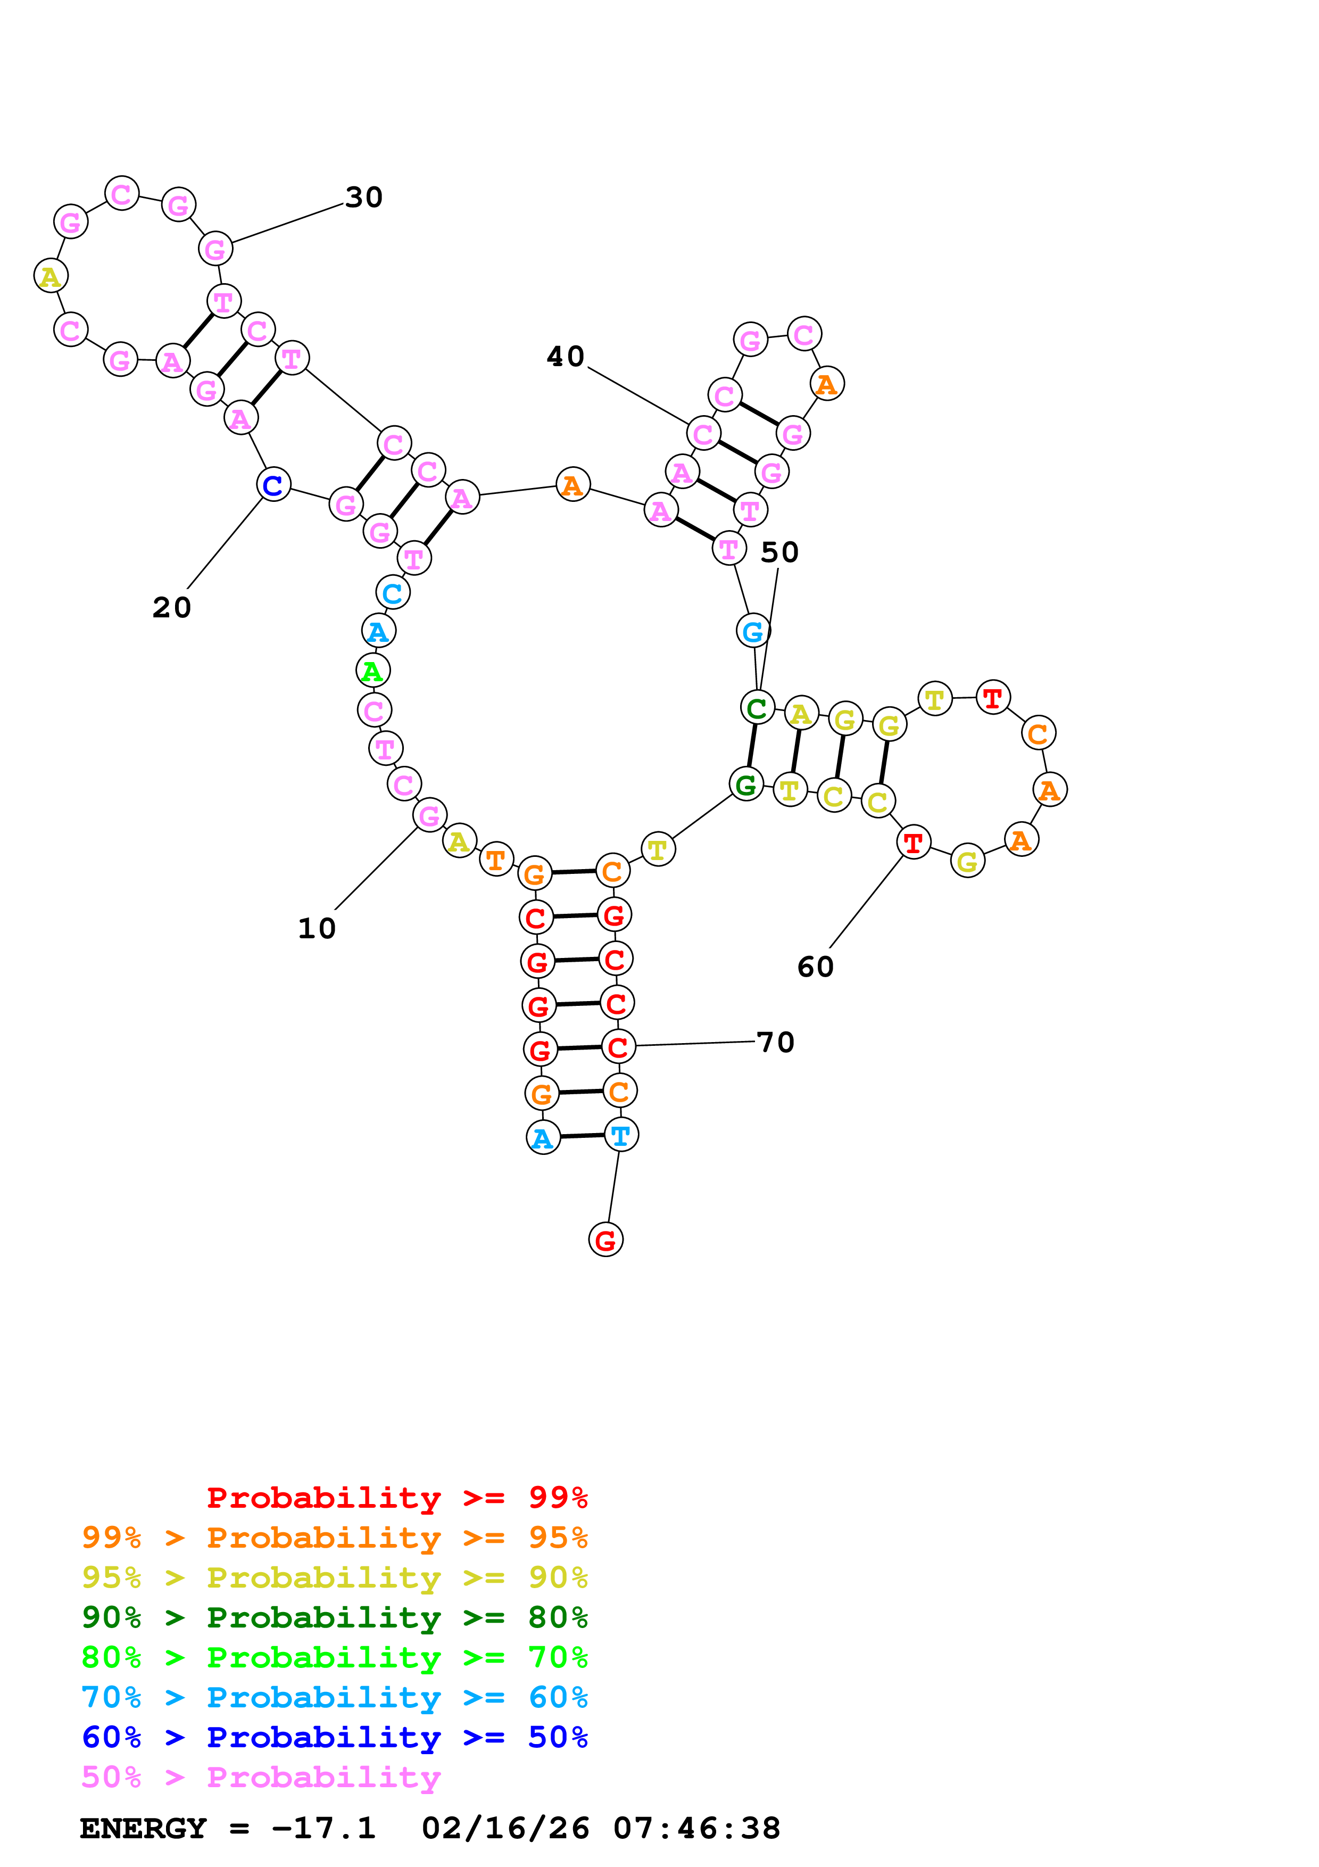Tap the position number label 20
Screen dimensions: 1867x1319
[171, 607]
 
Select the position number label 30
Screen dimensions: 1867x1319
[363, 197]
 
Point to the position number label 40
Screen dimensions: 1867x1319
[565, 356]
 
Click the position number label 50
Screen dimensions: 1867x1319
[779, 552]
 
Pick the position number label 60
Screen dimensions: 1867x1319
[815, 967]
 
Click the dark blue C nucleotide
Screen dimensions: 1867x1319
[273, 485]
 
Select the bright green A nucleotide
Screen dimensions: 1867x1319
[373, 671]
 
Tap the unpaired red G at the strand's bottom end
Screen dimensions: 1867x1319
[605, 1240]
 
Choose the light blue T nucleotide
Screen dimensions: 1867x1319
[621, 1135]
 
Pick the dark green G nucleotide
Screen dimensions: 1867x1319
[746, 784]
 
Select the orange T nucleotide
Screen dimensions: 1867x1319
[496, 860]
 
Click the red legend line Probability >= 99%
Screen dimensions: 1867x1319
[396, 1498]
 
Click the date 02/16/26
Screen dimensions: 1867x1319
[505, 1829]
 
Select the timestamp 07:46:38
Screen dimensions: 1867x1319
[696, 1829]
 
